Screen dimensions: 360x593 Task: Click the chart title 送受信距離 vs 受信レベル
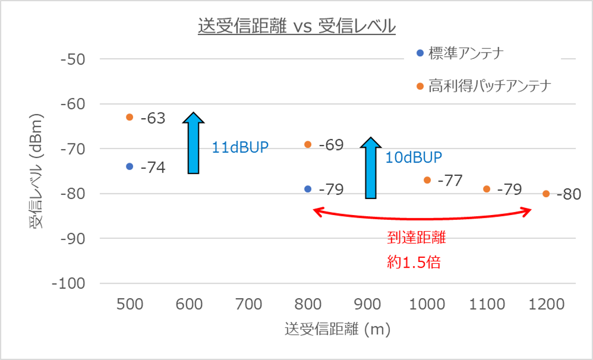pyautogui.click(x=296, y=26)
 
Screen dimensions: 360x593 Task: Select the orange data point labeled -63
pyautogui.click(x=130, y=117)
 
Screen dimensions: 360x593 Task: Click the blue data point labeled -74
pyautogui.click(x=130, y=167)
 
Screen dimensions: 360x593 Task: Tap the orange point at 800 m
pyautogui.click(x=308, y=144)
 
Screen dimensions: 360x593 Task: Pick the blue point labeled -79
pyautogui.click(x=308, y=189)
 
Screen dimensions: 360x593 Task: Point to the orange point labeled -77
pyautogui.click(x=427, y=180)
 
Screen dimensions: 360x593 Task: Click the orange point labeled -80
pyautogui.click(x=546, y=194)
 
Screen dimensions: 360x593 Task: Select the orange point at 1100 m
pyautogui.click(x=486, y=189)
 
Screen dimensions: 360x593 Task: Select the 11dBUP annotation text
pyautogui.click(x=241, y=147)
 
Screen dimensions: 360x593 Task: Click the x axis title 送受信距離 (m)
pyautogui.click(x=337, y=329)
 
